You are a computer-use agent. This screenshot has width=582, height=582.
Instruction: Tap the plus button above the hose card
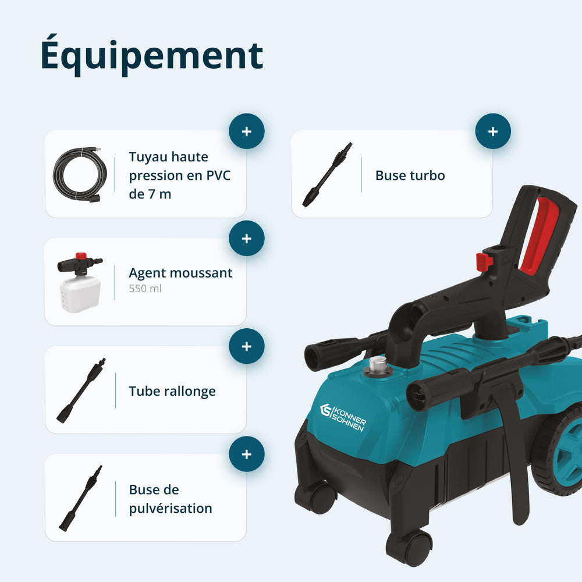coord(246,131)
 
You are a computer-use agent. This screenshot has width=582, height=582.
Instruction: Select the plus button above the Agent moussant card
coord(246,238)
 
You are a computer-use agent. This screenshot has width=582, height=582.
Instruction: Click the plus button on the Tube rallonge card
coord(246,346)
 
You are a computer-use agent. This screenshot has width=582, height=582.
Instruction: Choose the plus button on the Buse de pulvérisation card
coord(246,454)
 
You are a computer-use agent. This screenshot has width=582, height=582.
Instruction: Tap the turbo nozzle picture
coord(327,175)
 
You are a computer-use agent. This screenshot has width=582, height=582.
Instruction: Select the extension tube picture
coord(81,391)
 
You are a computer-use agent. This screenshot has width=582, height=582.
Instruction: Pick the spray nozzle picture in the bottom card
coord(80,498)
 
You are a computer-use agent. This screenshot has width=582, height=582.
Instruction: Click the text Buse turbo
coord(410,175)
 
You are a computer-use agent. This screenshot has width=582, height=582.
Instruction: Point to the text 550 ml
coord(145,289)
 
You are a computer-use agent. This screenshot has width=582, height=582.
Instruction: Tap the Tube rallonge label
coord(172,391)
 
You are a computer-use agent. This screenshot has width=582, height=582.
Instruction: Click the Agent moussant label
coord(180,273)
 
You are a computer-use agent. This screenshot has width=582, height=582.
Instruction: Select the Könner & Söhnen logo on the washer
coord(343,417)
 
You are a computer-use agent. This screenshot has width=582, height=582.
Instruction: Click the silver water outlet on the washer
coord(378,366)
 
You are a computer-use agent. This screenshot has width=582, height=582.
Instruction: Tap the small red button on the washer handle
coord(484,261)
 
